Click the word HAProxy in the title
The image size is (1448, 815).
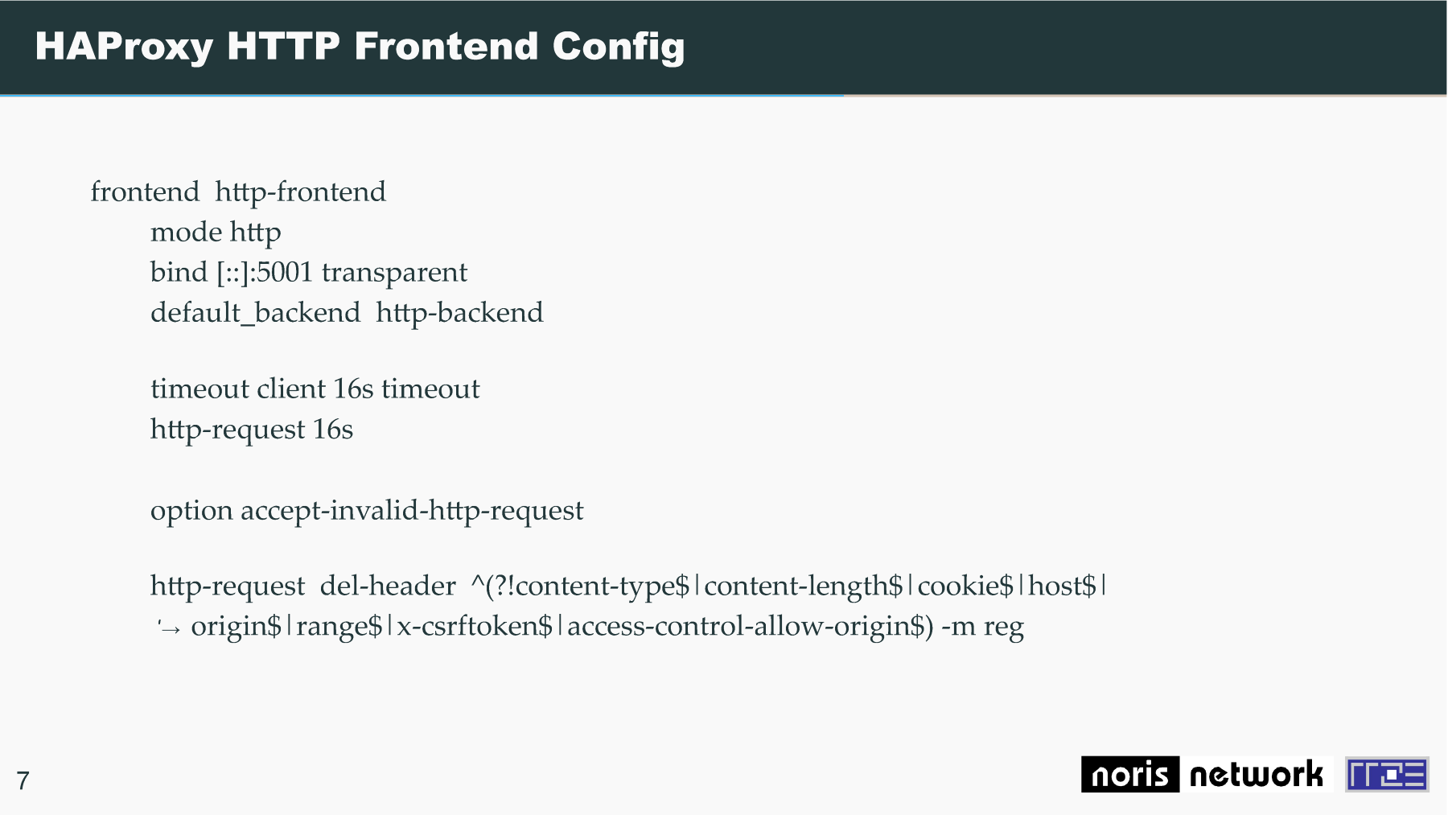[124, 47]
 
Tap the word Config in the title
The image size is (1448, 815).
[619, 47]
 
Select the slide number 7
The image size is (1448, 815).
[23, 780]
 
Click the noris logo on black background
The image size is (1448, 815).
[1129, 774]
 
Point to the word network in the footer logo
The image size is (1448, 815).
[1256, 775]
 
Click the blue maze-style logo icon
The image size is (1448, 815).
[1387, 775]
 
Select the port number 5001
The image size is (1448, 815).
[284, 272]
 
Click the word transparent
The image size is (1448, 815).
[394, 273]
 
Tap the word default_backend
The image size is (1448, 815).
[255, 312]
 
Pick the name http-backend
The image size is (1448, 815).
[459, 312]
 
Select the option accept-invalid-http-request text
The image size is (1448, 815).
[367, 510]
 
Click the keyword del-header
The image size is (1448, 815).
[388, 585]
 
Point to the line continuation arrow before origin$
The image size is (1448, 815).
[170, 628]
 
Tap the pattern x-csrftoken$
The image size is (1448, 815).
[475, 626]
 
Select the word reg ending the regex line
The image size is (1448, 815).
[1003, 627]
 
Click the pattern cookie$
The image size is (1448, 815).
[965, 586]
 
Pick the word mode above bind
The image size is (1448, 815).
[187, 232]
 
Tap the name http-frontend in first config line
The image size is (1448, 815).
[300, 191]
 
